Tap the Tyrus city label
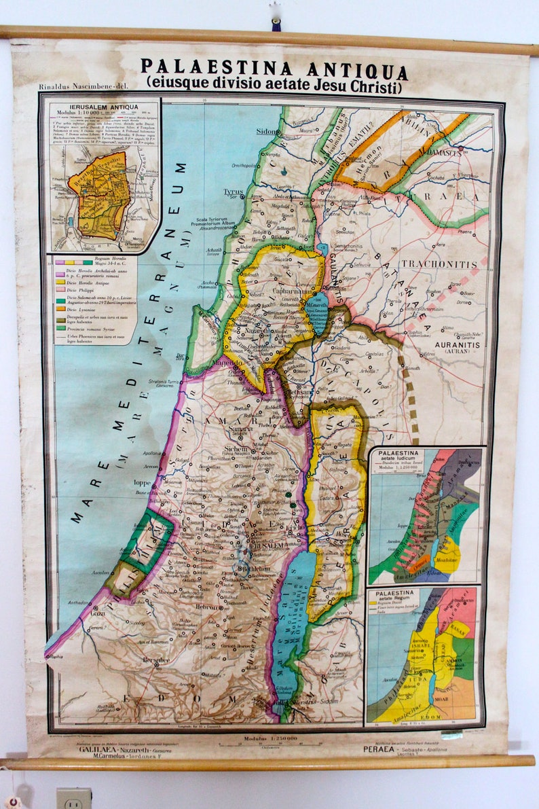click(x=233, y=192)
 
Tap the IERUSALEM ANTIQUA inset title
click(x=103, y=107)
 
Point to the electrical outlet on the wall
click(x=73, y=798)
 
